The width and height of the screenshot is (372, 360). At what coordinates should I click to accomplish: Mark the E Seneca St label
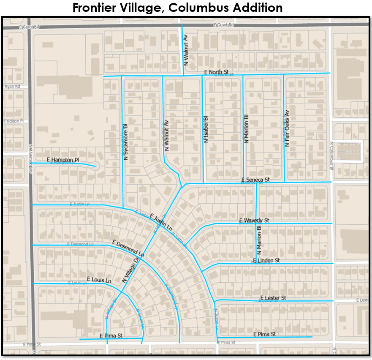255,180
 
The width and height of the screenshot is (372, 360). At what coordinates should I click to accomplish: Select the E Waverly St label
254,221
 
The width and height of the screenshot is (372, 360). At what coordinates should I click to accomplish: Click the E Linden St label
266,261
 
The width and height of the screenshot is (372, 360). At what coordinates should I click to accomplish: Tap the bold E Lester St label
273,298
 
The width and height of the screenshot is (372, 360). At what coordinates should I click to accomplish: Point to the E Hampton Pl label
63,160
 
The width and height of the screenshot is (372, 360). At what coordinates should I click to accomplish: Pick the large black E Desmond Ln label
128,249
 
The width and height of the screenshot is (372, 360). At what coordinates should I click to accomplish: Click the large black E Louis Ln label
99,280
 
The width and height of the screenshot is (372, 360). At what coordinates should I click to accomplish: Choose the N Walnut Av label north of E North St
185,49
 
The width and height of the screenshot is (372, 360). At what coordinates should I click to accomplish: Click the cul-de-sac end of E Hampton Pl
95,166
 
